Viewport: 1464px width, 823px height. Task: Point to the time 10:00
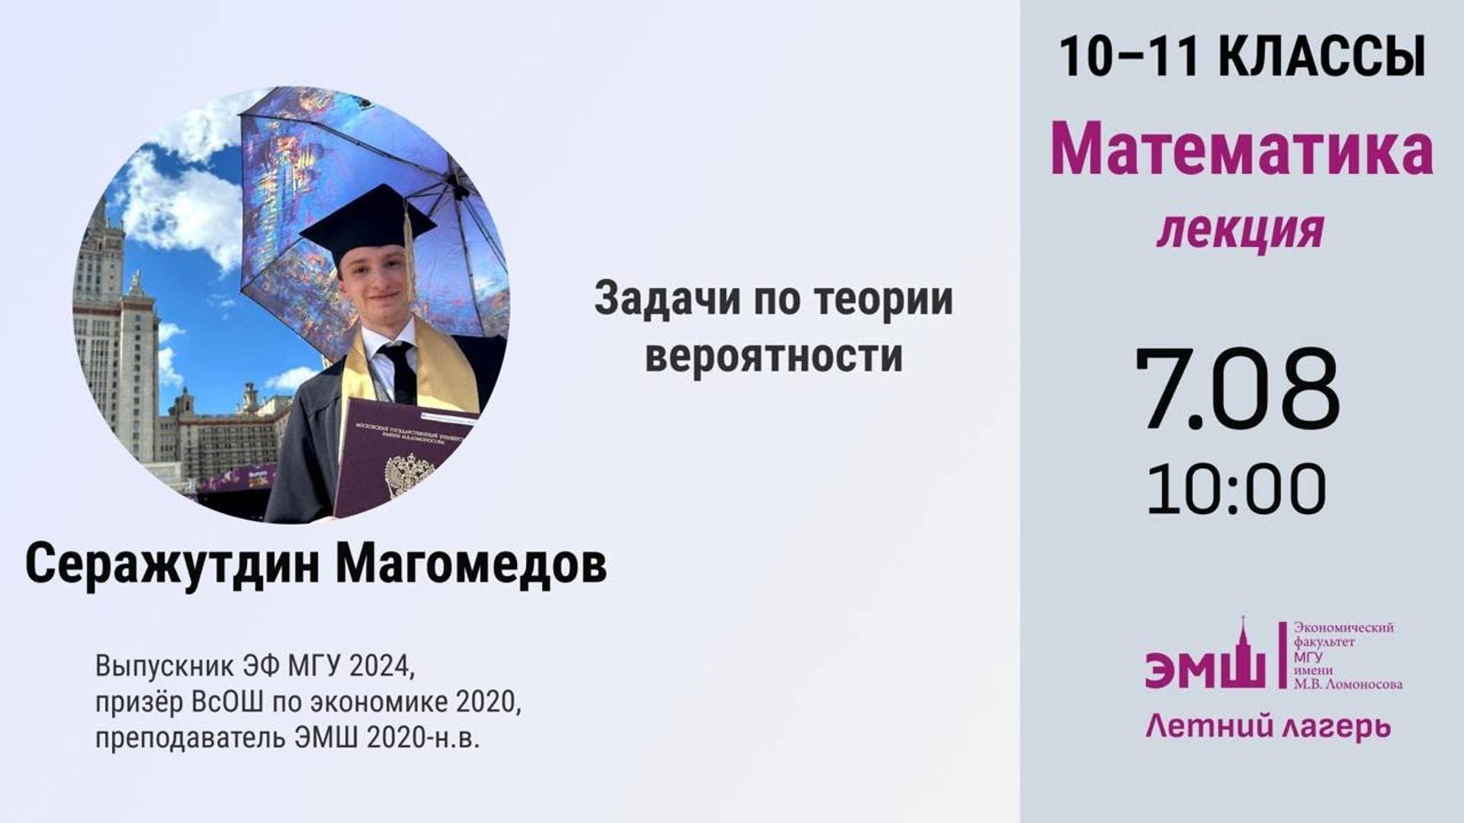coord(1237,489)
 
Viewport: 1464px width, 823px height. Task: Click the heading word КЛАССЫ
coord(1322,57)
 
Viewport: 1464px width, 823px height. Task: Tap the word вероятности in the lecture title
coord(774,356)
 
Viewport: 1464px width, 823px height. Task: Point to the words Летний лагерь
coord(1268,726)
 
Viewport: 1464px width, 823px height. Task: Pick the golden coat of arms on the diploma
coord(409,476)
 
